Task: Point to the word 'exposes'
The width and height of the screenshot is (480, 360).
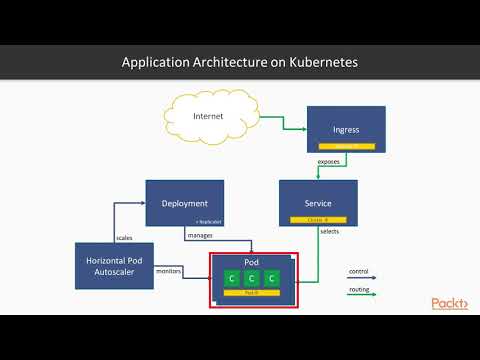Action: point(328,161)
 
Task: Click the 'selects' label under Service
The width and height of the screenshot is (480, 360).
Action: point(328,232)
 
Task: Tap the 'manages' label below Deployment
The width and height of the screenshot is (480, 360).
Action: point(199,236)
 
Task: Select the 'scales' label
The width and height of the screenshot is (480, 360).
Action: point(125,237)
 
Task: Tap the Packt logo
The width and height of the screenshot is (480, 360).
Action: point(449,303)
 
